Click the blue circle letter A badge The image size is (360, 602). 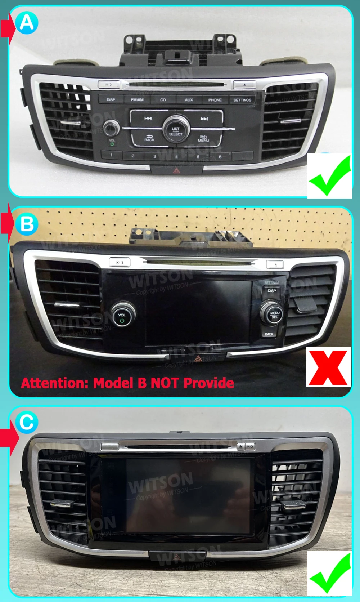[x=27, y=23]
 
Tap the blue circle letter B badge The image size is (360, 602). [x=27, y=224]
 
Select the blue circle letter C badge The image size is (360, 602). [x=27, y=422]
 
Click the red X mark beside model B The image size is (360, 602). [x=328, y=367]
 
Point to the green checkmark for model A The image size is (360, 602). [x=329, y=176]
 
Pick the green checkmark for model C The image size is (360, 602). [x=329, y=573]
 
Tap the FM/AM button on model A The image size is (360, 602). [x=137, y=100]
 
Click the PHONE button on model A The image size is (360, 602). [x=215, y=100]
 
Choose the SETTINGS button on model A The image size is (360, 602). [x=242, y=100]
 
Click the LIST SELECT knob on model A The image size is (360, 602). [x=176, y=129]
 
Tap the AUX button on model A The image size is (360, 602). [x=189, y=100]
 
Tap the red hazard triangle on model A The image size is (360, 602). [x=177, y=170]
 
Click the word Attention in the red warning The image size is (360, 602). [x=54, y=383]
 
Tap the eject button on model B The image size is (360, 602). [x=275, y=265]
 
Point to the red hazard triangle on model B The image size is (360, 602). [x=198, y=358]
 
